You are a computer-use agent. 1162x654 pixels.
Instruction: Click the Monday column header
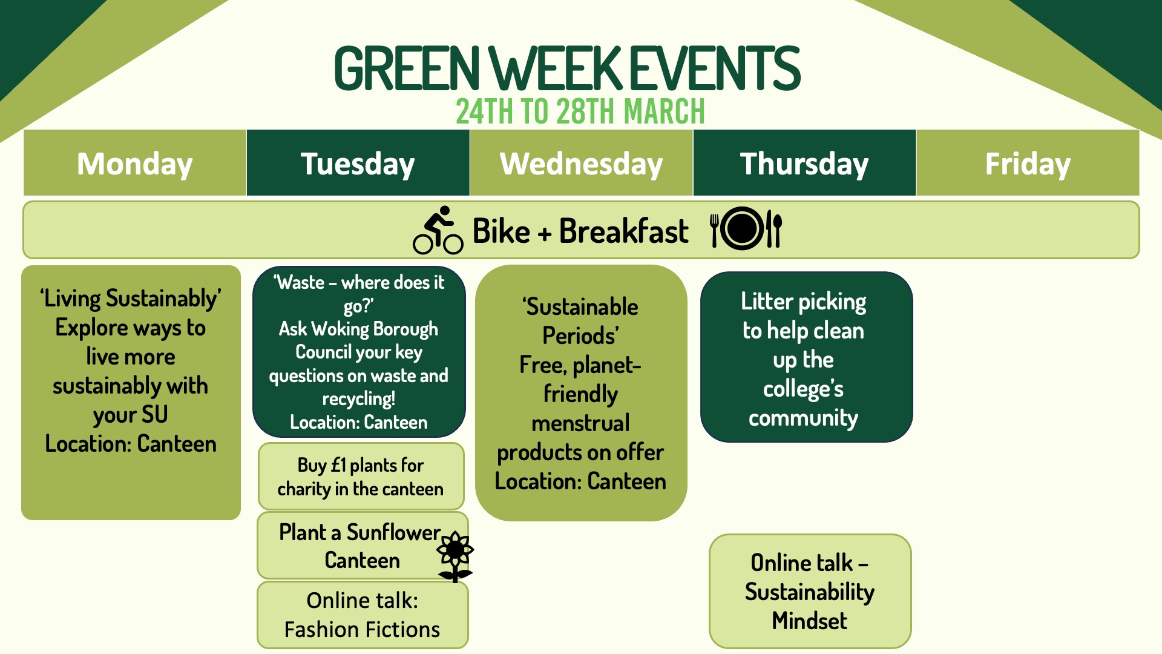tap(135, 163)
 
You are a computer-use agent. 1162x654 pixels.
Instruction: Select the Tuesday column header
tap(358, 163)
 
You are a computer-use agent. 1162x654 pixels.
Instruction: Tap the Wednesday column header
tap(581, 163)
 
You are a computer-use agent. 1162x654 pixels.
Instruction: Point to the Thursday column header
tap(804, 163)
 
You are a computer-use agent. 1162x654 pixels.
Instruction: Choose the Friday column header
tap(1028, 163)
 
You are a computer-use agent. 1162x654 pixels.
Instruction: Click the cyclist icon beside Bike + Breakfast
tap(438, 230)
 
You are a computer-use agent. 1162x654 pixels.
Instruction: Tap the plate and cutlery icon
tap(746, 228)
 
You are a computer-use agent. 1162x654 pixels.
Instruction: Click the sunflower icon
tap(455, 556)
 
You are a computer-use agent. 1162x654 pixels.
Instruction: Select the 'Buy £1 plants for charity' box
tap(361, 477)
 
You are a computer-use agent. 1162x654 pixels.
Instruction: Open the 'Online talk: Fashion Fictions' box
tap(363, 615)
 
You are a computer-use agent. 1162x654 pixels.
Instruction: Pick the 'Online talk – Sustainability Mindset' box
tap(810, 591)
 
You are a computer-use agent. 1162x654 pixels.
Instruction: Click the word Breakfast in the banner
tap(623, 231)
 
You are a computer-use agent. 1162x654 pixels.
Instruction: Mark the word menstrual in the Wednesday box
tap(580, 423)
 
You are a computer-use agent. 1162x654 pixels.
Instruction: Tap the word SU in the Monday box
tap(154, 415)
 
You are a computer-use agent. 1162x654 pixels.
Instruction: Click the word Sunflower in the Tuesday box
tap(393, 532)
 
